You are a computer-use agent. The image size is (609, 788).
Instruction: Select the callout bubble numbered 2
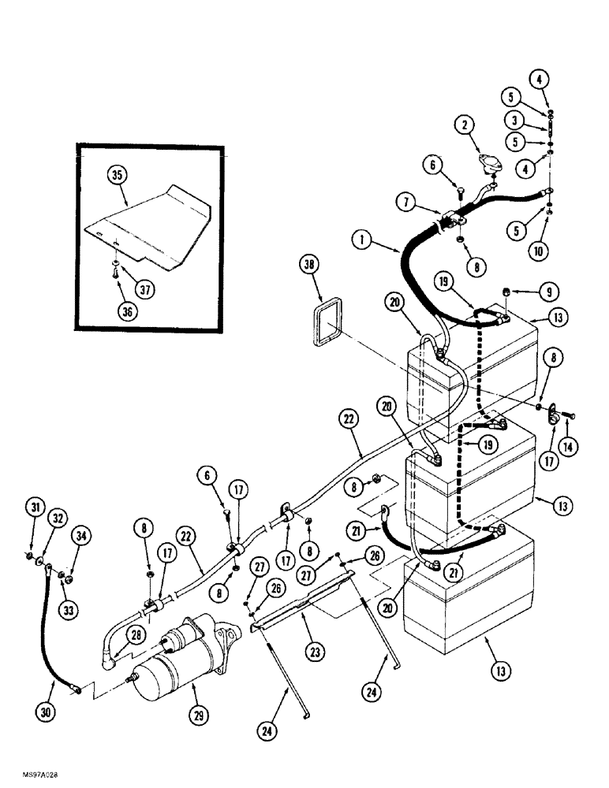point(466,124)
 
